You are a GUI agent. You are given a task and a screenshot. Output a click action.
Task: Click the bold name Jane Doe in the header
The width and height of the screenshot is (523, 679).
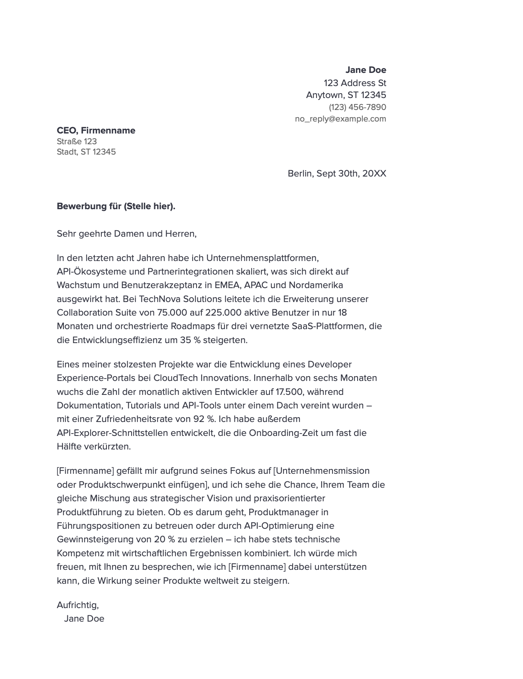[366, 70]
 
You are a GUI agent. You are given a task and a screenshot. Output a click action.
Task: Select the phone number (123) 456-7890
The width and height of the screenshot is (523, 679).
[357, 107]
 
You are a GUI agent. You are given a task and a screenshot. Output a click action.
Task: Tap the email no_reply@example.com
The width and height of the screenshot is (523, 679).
[340, 119]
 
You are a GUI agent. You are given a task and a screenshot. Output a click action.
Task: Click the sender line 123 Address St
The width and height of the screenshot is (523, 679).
[355, 83]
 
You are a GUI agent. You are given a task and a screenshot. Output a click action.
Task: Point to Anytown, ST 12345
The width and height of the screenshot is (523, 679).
[346, 95]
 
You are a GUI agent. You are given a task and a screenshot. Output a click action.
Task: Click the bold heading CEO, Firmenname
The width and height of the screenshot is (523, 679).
[96, 131]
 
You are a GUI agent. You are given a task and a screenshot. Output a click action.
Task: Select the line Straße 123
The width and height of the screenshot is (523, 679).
[77, 141]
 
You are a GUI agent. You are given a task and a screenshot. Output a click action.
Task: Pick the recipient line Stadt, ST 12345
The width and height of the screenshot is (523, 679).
[86, 152]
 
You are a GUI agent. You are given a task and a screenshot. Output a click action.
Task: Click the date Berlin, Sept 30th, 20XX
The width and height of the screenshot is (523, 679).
[337, 174]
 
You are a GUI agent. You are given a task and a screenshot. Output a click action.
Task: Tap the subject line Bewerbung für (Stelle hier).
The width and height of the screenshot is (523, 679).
[116, 206]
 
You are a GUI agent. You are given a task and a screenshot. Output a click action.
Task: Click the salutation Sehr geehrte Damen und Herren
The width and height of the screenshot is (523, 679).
[127, 234]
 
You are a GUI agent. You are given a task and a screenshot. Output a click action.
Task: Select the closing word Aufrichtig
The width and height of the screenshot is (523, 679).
[77, 605]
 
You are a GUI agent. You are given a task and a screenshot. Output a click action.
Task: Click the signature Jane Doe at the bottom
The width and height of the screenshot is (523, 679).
[84, 619]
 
